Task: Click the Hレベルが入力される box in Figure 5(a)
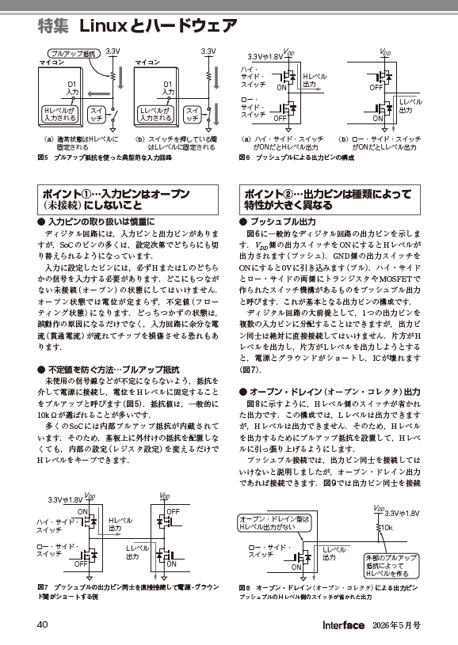(x=59, y=114)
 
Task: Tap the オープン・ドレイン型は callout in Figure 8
(x=269, y=522)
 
